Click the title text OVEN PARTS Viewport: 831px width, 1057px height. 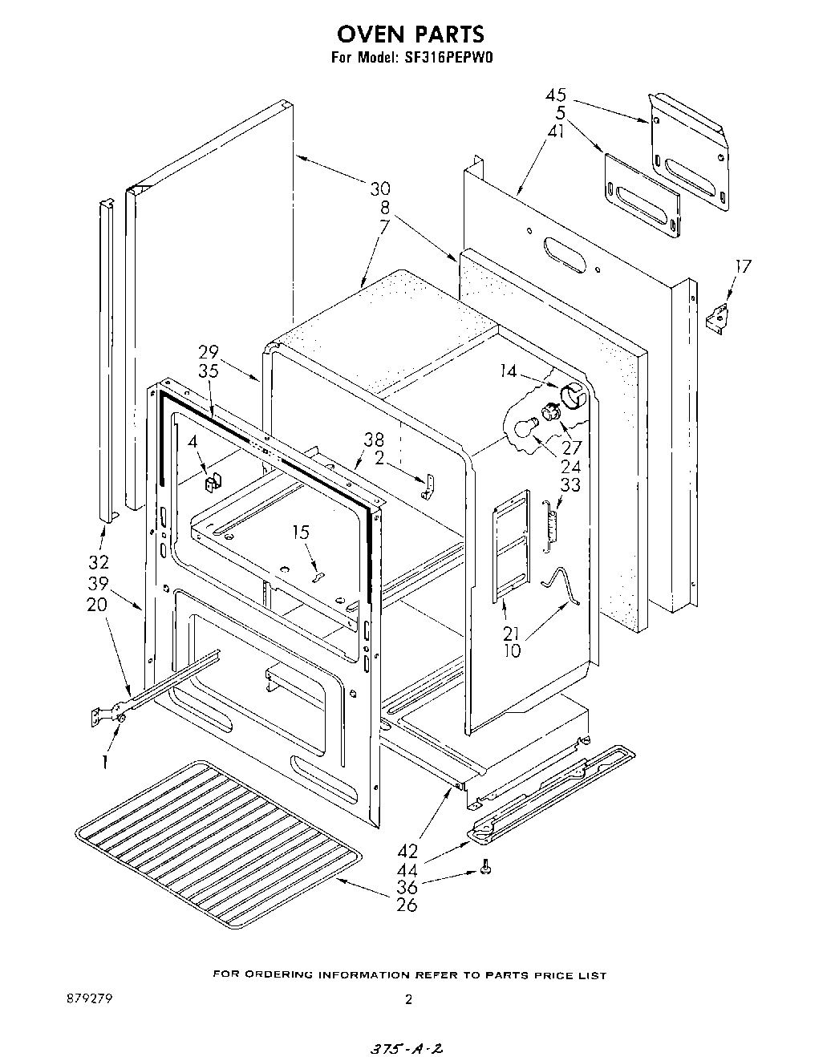click(x=410, y=34)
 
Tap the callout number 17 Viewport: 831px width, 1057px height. click(x=744, y=265)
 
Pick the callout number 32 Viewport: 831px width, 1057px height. click(x=99, y=561)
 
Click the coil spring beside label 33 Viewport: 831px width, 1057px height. click(x=551, y=524)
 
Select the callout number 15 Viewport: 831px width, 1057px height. click(x=301, y=532)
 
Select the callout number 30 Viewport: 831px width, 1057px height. click(x=380, y=188)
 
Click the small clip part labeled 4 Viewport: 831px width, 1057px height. click(x=213, y=483)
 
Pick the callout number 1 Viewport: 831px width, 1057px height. click(x=104, y=761)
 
